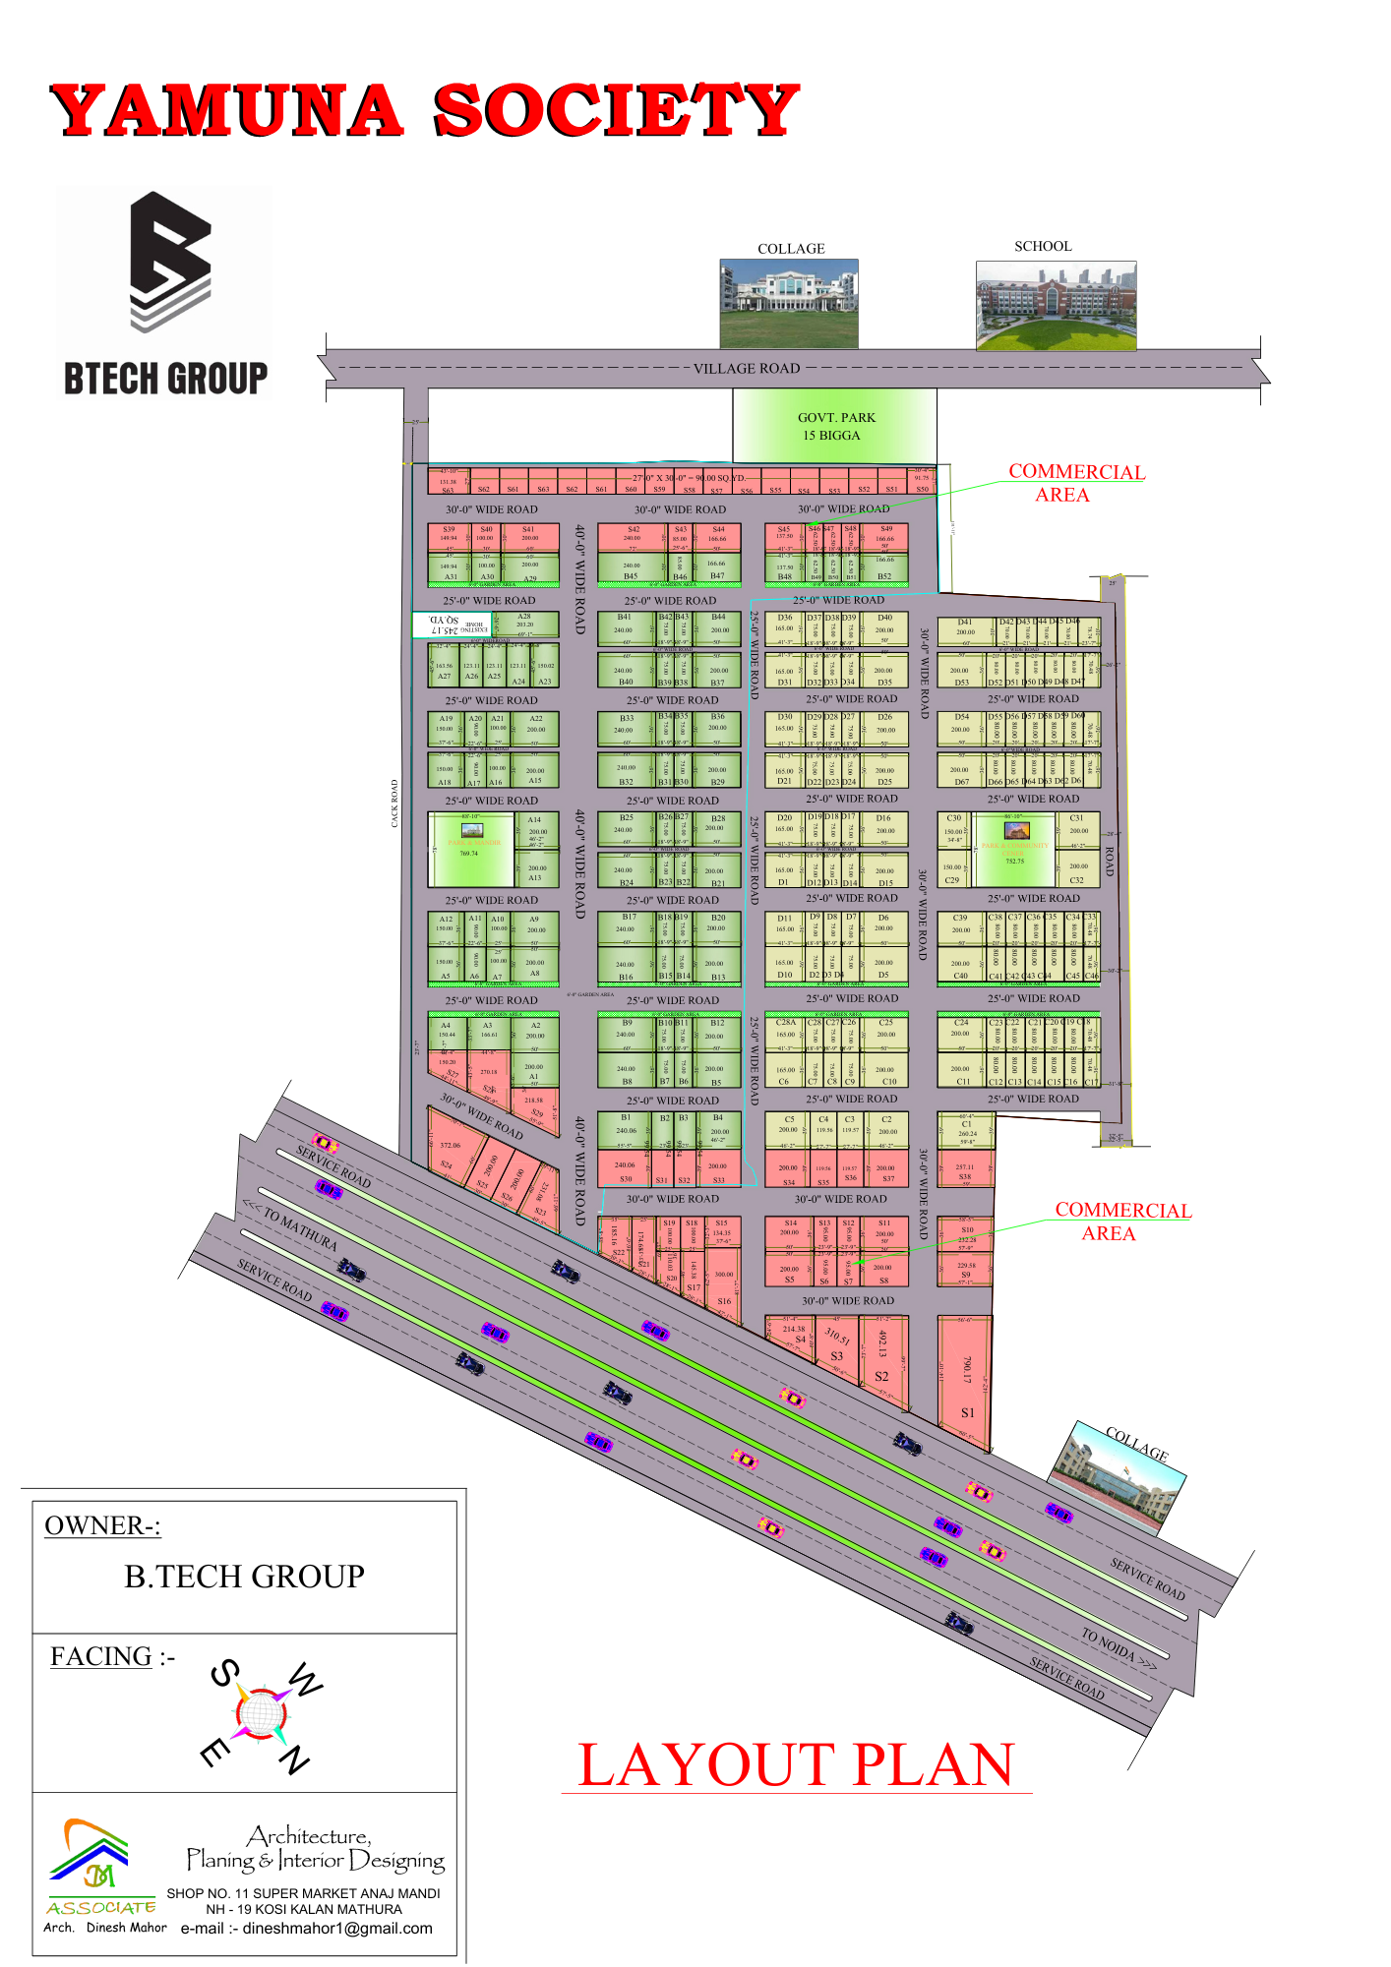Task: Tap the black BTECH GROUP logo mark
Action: pyautogui.click(x=171, y=260)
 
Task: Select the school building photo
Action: pyautogui.click(x=1056, y=305)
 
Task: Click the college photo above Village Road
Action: pyautogui.click(x=789, y=303)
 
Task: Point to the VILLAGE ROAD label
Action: pyautogui.click(x=747, y=369)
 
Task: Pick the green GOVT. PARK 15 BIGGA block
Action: pyautogui.click(x=834, y=426)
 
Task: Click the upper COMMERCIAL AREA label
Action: pyautogui.click(x=1076, y=483)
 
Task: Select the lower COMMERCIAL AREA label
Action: pyautogui.click(x=1121, y=1222)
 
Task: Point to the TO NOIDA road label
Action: pyautogui.click(x=1118, y=1649)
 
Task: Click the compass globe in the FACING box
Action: pyautogui.click(x=261, y=1712)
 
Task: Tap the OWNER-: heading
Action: pyautogui.click(x=102, y=1525)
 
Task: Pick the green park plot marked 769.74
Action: pyautogui.click(x=470, y=848)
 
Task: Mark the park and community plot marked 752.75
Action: pyautogui.click(x=1014, y=848)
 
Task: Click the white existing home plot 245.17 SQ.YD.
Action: pyautogui.click(x=452, y=624)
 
